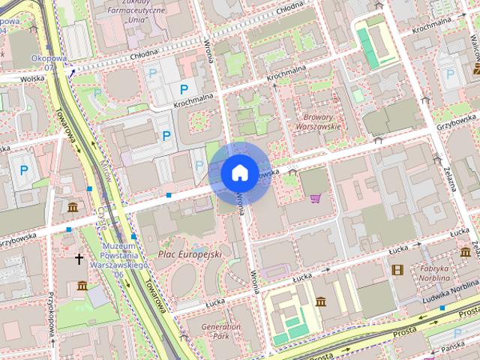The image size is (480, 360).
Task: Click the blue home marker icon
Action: click(238, 172)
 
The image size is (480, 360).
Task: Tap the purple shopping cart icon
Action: click(315, 198)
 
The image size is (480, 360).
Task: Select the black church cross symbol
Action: click(79, 259)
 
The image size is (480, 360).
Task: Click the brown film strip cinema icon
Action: click(397, 269)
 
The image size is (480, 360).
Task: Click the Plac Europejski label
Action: click(190, 255)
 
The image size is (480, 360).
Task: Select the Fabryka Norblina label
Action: click(434, 273)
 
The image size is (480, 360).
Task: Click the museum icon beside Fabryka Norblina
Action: click(465, 251)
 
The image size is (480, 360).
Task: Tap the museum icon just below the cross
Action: click(82, 286)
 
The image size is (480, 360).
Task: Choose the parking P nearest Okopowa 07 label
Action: click(96, 93)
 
